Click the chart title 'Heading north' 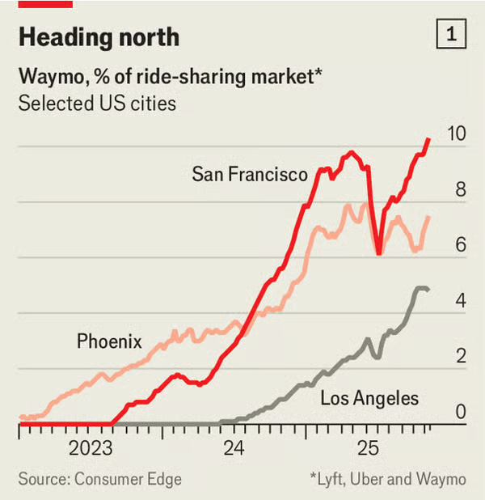(x=99, y=37)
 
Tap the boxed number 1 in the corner (x=450, y=35)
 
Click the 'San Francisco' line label (x=250, y=174)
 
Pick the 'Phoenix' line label (x=109, y=341)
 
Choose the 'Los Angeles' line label (x=369, y=398)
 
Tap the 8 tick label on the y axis (x=461, y=190)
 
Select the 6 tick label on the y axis (x=461, y=245)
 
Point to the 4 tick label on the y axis (x=461, y=301)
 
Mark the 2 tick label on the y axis (x=461, y=357)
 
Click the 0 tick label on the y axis (x=461, y=412)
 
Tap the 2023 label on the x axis (x=90, y=447)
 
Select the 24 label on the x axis (x=234, y=447)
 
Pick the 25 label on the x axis (x=369, y=447)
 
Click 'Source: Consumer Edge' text (x=100, y=479)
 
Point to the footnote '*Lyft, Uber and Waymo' (x=387, y=479)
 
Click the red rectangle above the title (x=45, y=3)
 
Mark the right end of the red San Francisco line (x=428, y=139)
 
